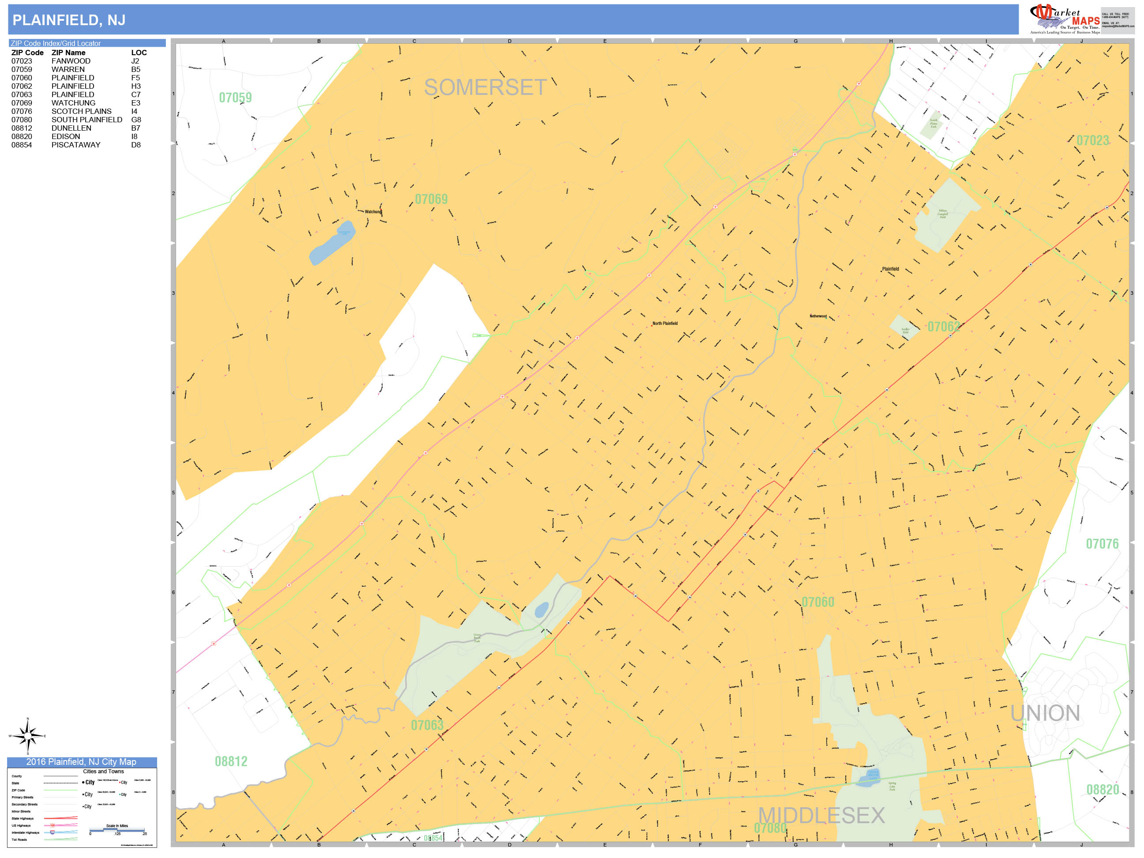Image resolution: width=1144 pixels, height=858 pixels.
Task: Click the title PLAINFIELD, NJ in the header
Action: tap(69, 20)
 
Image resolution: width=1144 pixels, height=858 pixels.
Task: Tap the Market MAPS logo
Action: tap(1065, 19)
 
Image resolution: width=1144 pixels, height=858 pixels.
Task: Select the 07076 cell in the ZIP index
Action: tap(22, 111)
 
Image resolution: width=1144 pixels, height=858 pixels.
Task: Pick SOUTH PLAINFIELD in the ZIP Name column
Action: tap(87, 120)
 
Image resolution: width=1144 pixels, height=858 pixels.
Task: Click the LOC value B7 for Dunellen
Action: tap(135, 128)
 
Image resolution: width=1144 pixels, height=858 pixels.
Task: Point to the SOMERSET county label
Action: tap(485, 87)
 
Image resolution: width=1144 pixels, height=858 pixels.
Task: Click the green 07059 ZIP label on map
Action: tap(235, 98)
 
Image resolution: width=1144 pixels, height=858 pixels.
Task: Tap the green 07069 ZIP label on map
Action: tap(431, 199)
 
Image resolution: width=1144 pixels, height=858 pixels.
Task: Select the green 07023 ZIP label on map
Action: tap(1092, 141)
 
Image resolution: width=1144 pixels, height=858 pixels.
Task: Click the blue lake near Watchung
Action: tap(332, 243)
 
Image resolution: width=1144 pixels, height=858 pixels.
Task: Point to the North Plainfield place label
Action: tap(665, 323)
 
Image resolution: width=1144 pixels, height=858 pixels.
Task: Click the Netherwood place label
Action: tap(818, 316)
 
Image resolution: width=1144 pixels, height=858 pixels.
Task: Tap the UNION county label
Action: tap(1045, 713)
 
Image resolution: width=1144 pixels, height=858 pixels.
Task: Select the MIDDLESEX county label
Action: tap(821, 816)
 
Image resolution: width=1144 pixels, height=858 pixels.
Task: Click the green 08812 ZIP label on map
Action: tap(231, 761)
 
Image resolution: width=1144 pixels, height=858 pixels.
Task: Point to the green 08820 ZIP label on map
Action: tap(1103, 790)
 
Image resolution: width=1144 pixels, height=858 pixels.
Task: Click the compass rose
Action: tap(28, 735)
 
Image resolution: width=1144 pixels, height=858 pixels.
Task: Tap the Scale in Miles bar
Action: tap(117, 830)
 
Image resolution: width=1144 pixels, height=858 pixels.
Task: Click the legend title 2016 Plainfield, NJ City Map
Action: tap(81, 762)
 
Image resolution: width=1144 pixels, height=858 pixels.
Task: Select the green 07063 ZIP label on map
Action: tap(427, 725)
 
